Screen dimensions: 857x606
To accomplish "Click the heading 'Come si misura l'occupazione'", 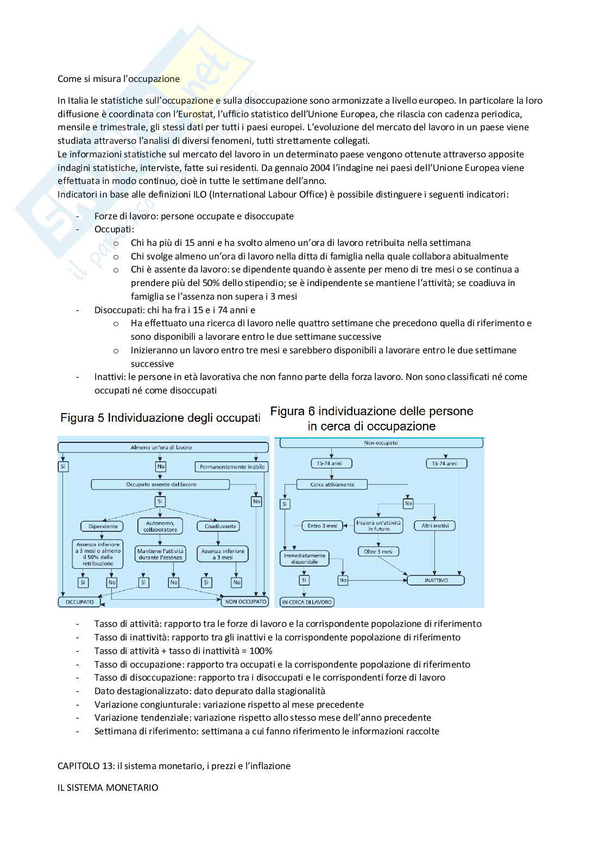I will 118,79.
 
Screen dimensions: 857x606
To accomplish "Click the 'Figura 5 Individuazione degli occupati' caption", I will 160,418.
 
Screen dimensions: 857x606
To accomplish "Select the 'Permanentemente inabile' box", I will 232,467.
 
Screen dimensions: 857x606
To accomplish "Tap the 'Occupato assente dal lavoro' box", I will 161,484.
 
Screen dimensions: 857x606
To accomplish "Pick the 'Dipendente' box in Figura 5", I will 99,526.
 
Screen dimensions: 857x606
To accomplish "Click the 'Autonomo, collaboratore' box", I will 160,526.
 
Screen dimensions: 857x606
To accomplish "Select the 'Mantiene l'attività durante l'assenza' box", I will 161,554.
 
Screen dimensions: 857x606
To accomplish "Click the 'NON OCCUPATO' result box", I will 245,601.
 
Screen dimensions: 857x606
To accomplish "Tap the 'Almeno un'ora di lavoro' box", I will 161,448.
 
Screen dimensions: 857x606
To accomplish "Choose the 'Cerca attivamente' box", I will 332,484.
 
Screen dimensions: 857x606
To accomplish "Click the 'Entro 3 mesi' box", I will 322,525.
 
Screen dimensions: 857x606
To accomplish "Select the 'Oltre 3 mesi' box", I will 378,551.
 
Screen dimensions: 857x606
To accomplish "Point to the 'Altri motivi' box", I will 435,525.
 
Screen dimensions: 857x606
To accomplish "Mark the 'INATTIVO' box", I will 436,580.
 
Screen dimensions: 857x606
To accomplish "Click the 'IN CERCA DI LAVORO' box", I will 307,602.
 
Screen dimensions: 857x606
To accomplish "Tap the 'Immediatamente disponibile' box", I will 305,558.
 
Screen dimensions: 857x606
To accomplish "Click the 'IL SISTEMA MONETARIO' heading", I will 108,788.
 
